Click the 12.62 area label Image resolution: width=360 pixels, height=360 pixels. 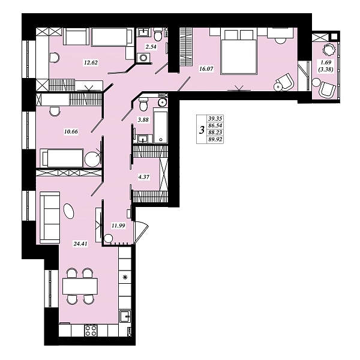91,62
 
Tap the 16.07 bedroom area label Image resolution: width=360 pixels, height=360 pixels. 206,68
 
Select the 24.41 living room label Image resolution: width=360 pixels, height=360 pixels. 80,244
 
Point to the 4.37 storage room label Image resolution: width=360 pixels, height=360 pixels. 144,177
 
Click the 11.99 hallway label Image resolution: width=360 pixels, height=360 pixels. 118,226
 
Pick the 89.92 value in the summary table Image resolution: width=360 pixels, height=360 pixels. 215,139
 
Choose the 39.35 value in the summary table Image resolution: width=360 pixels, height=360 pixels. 215,118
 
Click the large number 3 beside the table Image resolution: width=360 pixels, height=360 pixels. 202,130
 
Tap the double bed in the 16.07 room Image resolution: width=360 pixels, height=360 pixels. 238,52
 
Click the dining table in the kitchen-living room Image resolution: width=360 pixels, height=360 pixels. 80,286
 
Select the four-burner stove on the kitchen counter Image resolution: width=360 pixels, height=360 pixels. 91,331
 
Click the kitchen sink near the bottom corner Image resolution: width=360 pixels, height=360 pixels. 125,317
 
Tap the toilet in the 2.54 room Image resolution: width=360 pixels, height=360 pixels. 158,35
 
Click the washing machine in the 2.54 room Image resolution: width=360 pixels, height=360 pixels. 143,58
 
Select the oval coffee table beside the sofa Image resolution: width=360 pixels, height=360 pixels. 69,211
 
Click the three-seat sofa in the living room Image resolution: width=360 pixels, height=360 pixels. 50,217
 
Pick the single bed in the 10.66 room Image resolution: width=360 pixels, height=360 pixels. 62,158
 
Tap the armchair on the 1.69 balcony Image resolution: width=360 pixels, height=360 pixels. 328,89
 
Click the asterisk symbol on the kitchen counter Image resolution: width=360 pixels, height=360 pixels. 125,278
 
